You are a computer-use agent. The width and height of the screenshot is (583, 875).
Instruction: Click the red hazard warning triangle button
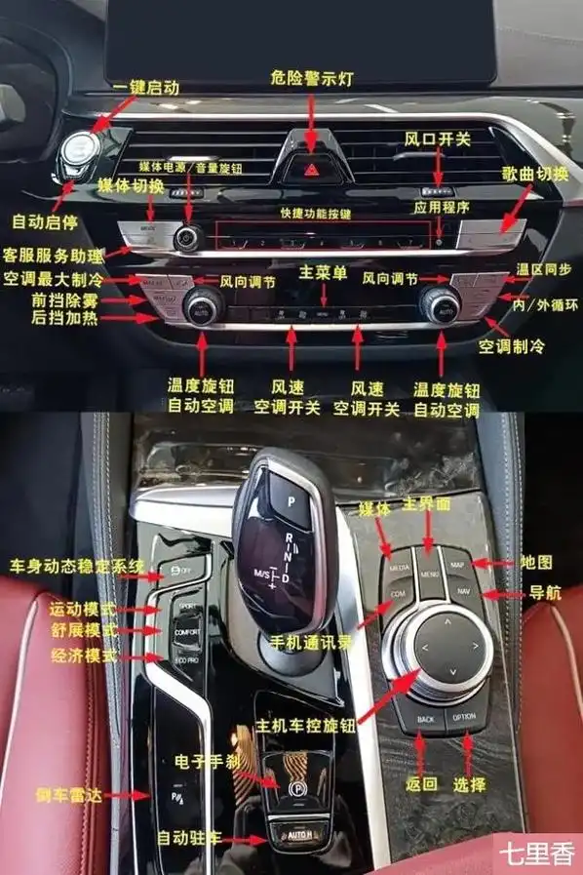click(311, 169)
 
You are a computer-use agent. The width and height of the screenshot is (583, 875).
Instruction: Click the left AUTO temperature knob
click(202, 305)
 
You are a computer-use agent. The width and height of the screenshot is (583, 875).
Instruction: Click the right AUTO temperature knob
click(440, 303)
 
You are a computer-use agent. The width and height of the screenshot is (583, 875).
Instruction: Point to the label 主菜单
click(323, 273)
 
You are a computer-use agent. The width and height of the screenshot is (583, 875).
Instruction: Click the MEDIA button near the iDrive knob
click(399, 567)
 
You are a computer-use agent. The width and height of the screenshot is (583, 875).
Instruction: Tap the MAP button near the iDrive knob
click(456, 565)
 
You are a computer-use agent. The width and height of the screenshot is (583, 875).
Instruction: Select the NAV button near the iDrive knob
click(462, 592)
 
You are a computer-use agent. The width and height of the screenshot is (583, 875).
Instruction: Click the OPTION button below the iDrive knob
click(464, 718)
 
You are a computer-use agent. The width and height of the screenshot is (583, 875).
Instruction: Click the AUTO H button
click(297, 835)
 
